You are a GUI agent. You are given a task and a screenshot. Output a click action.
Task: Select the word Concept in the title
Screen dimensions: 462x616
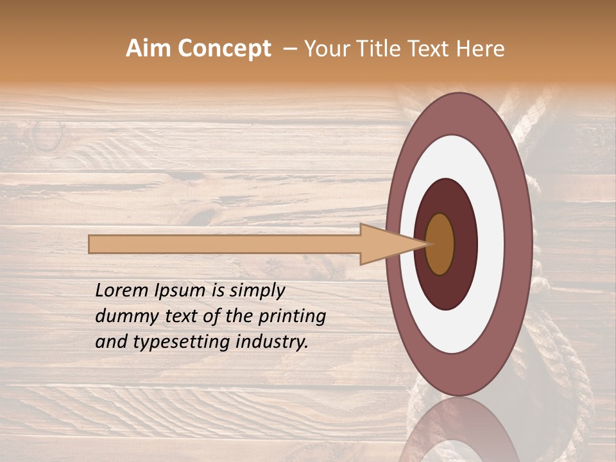(225, 49)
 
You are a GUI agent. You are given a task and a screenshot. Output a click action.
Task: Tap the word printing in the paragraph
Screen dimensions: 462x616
(291, 316)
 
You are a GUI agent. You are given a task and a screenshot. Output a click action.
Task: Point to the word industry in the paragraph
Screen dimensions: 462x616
(272, 342)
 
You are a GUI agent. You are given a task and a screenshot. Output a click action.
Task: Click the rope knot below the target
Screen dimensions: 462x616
(565, 372)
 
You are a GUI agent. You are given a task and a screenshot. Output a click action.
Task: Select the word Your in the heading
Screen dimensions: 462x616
(327, 49)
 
